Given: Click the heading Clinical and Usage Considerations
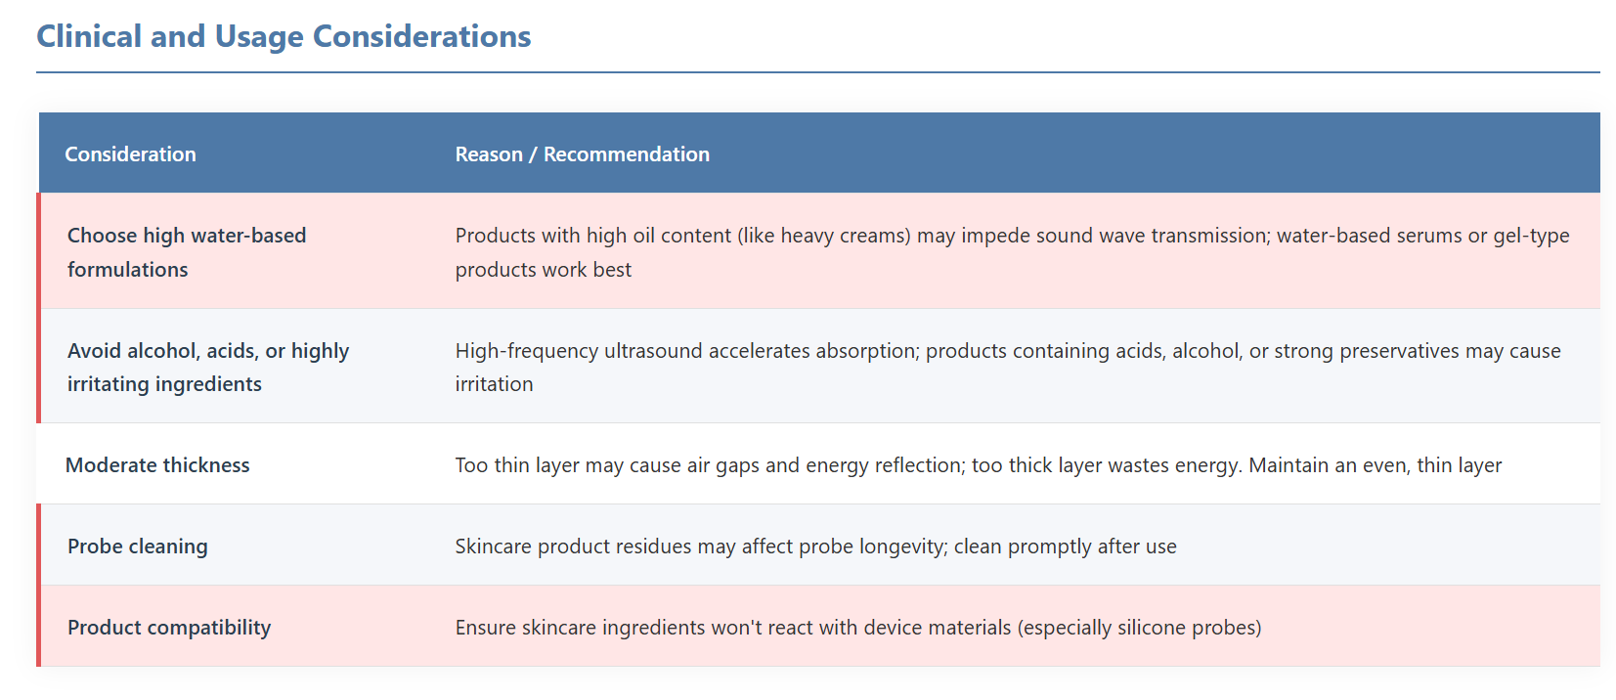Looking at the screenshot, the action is click(284, 37).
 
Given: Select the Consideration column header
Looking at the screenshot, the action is click(131, 153).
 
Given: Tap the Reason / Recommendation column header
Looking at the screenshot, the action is click(583, 153).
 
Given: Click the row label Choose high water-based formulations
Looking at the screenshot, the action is click(187, 252).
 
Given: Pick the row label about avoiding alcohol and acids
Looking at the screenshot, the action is click(208, 367).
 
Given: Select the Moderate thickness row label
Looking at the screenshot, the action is click(157, 464).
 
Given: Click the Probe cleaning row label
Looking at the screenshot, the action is click(137, 547).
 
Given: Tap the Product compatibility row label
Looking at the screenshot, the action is click(169, 627).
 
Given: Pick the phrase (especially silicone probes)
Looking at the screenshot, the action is click(1139, 627).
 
